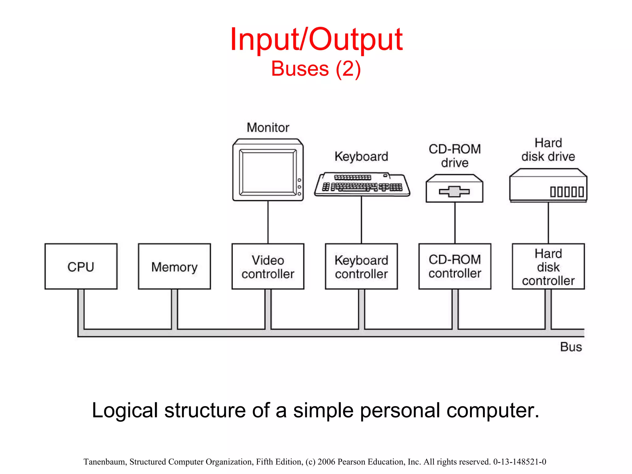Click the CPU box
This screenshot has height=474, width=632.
tap(81, 266)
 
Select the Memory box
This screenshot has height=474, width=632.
tap(174, 266)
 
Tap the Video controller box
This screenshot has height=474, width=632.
tap(268, 266)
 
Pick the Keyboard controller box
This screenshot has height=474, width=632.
tap(361, 266)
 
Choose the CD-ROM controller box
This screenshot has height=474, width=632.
tap(455, 266)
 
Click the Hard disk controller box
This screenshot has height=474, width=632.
tap(548, 266)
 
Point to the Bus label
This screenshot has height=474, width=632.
tap(571, 347)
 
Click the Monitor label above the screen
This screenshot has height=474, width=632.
tap(268, 127)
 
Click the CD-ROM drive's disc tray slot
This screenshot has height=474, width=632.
tap(454, 192)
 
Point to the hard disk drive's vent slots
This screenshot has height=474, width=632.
tap(567, 192)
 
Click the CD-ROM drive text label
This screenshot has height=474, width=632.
tap(455, 156)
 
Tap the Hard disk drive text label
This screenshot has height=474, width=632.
tap(548, 150)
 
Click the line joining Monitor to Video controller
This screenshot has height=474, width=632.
tap(268, 222)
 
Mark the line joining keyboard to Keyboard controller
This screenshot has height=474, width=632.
tap(361, 220)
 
